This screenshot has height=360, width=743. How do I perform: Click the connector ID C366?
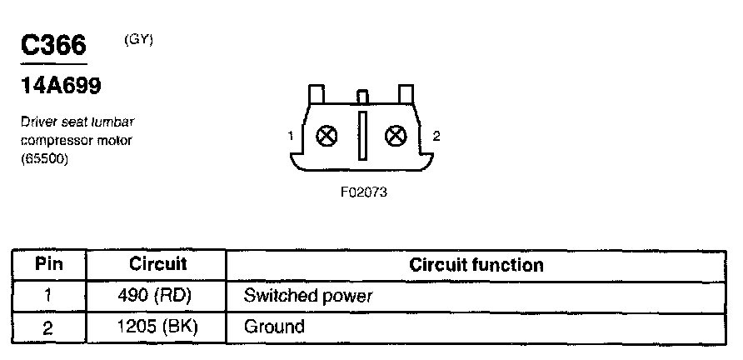[x=53, y=45]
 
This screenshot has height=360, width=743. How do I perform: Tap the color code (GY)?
[x=139, y=40]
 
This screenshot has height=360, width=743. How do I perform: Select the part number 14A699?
[x=61, y=86]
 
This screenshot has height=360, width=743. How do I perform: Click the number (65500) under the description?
[x=44, y=159]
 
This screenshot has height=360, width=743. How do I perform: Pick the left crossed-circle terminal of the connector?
[x=327, y=137]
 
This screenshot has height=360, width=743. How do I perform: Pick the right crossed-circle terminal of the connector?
[x=396, y=137]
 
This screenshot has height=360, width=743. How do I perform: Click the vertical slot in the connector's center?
[x=362, y=136]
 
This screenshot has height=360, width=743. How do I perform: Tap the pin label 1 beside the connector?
[x=291, y=136]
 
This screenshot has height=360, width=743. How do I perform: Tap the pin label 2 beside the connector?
[x=436, y=136]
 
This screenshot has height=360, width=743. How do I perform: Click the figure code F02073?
[x=364, y=192]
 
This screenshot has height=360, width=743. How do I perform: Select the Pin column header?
[x=49, y=263]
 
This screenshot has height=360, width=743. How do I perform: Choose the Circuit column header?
[x=157, y=263]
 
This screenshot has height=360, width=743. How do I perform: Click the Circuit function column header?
[x=476, y=264]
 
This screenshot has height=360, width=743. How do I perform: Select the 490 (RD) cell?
[x=154, y=296]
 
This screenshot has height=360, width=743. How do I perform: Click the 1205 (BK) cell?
[x=157, y=327]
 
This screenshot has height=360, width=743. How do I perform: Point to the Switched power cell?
[x=308, y=296]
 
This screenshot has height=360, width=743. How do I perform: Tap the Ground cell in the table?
[x=274, y=327]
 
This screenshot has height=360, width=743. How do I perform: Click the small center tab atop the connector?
[x=362, y=97]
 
